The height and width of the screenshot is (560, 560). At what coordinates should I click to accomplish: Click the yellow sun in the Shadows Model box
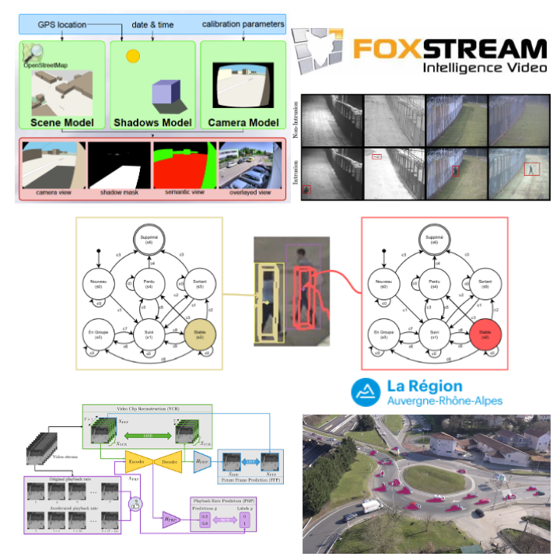point(133,56)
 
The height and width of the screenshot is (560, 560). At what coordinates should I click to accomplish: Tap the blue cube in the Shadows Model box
point(166,96)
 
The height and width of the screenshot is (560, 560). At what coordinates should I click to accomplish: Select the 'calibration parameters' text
point(242,24)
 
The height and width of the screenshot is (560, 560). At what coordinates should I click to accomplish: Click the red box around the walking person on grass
point(531,168)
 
